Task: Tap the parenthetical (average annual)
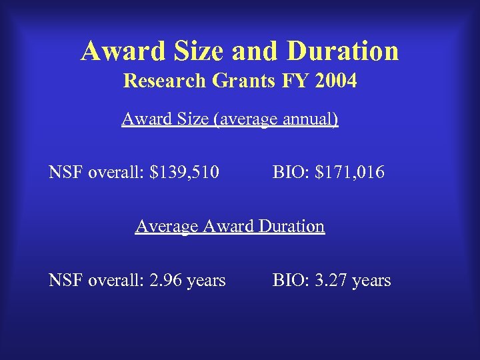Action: pyautogui.click(x=276, y=120)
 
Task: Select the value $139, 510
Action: pyautogui.click(x=185, y=173)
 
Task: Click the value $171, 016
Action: pyautogui.click(x=350, y=173)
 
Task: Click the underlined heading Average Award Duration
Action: pyautogui.click(x=230, y=227)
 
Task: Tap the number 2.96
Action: pyautogui.click(x=165, y=281)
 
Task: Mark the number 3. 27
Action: pyautogui.click(x=332, y=281)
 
